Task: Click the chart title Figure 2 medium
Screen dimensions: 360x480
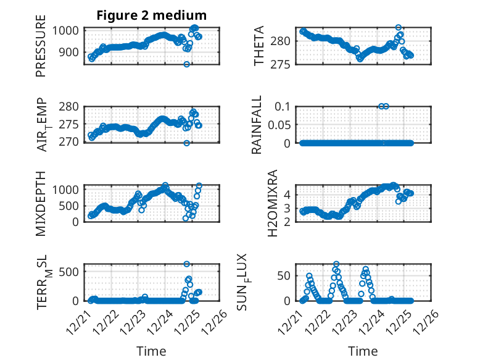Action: (x=152, y=15)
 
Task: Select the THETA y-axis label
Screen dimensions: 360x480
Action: (x=259, y=46)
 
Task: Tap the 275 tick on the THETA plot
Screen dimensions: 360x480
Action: (x=283, y=64)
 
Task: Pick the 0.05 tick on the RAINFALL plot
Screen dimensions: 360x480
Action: (x=280, y=125)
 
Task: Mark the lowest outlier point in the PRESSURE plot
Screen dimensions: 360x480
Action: (x=186, y=64)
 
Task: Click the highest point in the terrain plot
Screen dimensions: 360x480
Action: (x=186, y=264)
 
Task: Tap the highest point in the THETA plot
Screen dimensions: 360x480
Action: (x=399, y=28)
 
